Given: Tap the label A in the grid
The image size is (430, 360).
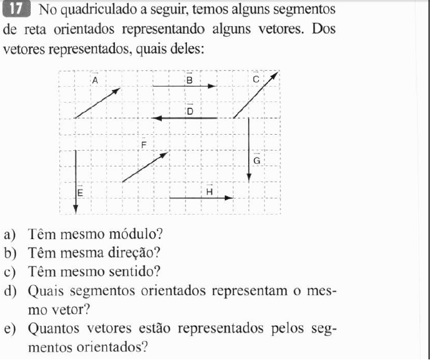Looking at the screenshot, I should pyautogui.click(x=95, y=81).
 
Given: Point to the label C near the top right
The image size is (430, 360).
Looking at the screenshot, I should pyautogui.click(x=256, y=80).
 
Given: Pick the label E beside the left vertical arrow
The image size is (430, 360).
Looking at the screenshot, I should pyautogui.click(x=81, y=193).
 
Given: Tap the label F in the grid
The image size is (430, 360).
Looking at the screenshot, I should pyautogui.click(x=144, y=145).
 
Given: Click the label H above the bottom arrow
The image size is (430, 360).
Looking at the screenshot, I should pyautogui.click(x=209, y=192).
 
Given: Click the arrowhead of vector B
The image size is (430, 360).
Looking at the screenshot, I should pyautogui.click(x=214, y=87).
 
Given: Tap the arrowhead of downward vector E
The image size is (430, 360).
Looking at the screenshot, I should pyautogui.click(x=75, y=207).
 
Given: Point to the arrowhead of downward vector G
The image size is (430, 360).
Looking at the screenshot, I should pyautogui.click(x=248, y=177).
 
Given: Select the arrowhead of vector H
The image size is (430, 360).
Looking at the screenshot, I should pyautogui.click(x=230, y=199).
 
